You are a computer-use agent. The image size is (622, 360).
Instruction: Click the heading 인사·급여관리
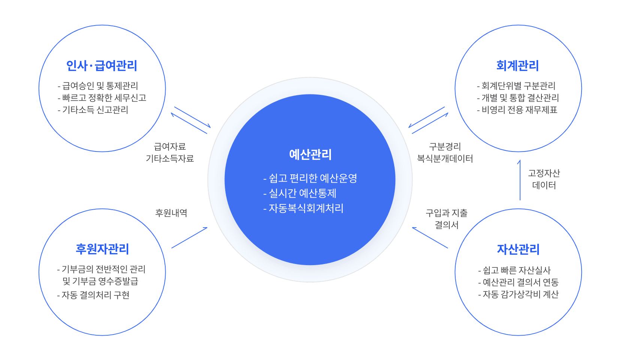click(x=102, y=66)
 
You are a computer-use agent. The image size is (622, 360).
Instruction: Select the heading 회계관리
click(x=517, y=66)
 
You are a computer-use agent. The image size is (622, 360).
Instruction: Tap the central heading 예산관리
click(x=310, y=154)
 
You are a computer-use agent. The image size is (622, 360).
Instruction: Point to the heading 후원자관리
click(x=102, y=249)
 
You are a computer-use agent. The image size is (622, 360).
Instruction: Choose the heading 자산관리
click(x=518, y=249)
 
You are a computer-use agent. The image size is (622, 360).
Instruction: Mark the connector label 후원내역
click(x=171, y=213)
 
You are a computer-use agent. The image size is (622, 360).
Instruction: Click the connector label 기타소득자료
click(x=170, y=159)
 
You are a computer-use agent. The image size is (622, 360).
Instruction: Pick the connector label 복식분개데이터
click(x=445, y=159)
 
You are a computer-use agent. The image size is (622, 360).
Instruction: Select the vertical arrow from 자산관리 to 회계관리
click(x=520, y=180)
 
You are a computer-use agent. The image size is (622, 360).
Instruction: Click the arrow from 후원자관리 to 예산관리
click(x=189, y=238)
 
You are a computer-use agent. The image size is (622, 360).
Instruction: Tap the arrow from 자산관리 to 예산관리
click(x=430, y=238)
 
